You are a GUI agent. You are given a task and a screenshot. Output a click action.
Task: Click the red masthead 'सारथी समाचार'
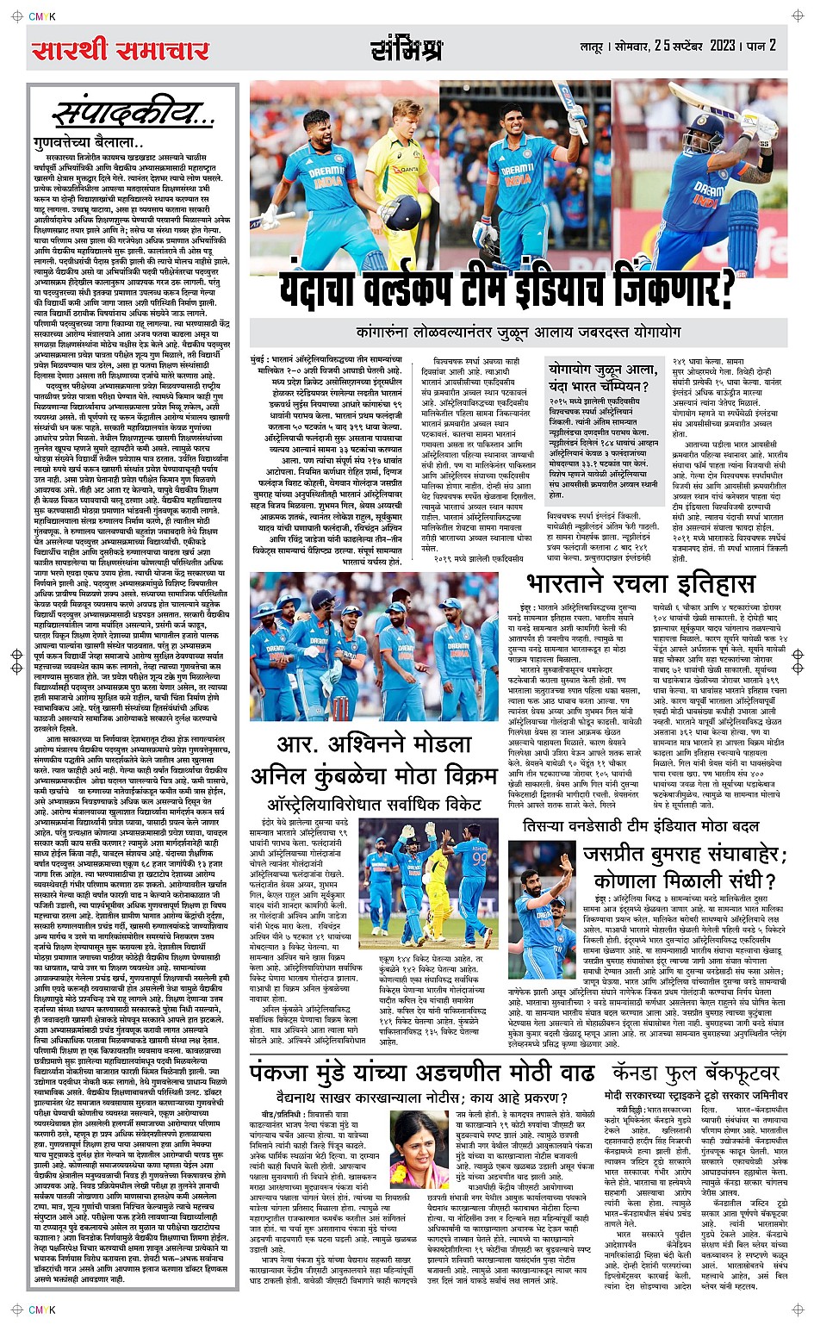tap(121, 51)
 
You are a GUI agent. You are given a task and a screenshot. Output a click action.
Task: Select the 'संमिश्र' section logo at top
tap(407, 50)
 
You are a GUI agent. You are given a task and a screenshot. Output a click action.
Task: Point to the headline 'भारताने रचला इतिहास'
tap(640, 583)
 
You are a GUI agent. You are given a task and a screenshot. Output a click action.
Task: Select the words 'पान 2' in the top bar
tap(761, 46)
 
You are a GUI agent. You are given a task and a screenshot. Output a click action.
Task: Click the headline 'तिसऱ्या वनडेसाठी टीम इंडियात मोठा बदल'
tap(642, 826)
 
